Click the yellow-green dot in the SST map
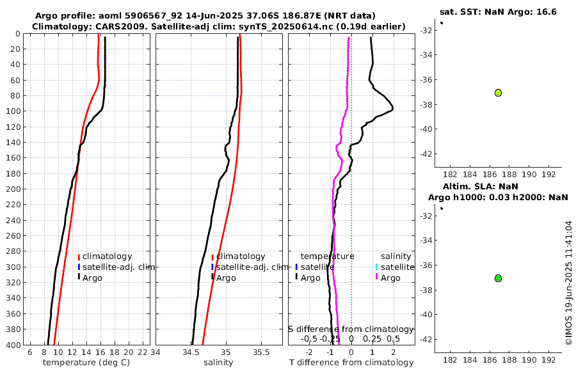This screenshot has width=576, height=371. (498, 93)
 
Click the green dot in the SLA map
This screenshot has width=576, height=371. (498, 278)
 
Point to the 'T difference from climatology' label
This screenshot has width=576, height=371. (351, 363)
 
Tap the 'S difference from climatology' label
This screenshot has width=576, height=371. (351, 329)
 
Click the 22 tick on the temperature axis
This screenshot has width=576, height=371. (142, 351)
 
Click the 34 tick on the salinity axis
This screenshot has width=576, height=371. (156, 351)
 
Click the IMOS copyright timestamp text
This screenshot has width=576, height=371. (568, 283)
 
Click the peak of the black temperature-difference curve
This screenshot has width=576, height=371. (392, 109)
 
